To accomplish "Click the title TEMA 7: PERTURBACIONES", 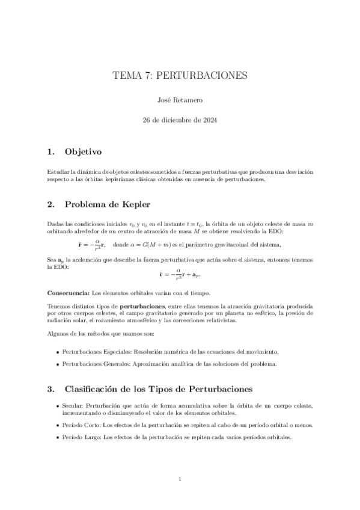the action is (180, 76).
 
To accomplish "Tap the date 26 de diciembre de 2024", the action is (180, 120).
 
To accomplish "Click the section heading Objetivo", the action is (84, 152).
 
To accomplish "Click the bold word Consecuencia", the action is (68, 293).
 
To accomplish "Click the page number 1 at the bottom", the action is (180, 479).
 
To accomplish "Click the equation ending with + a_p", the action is (180, 275).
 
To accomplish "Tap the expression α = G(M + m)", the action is (162, 244).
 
